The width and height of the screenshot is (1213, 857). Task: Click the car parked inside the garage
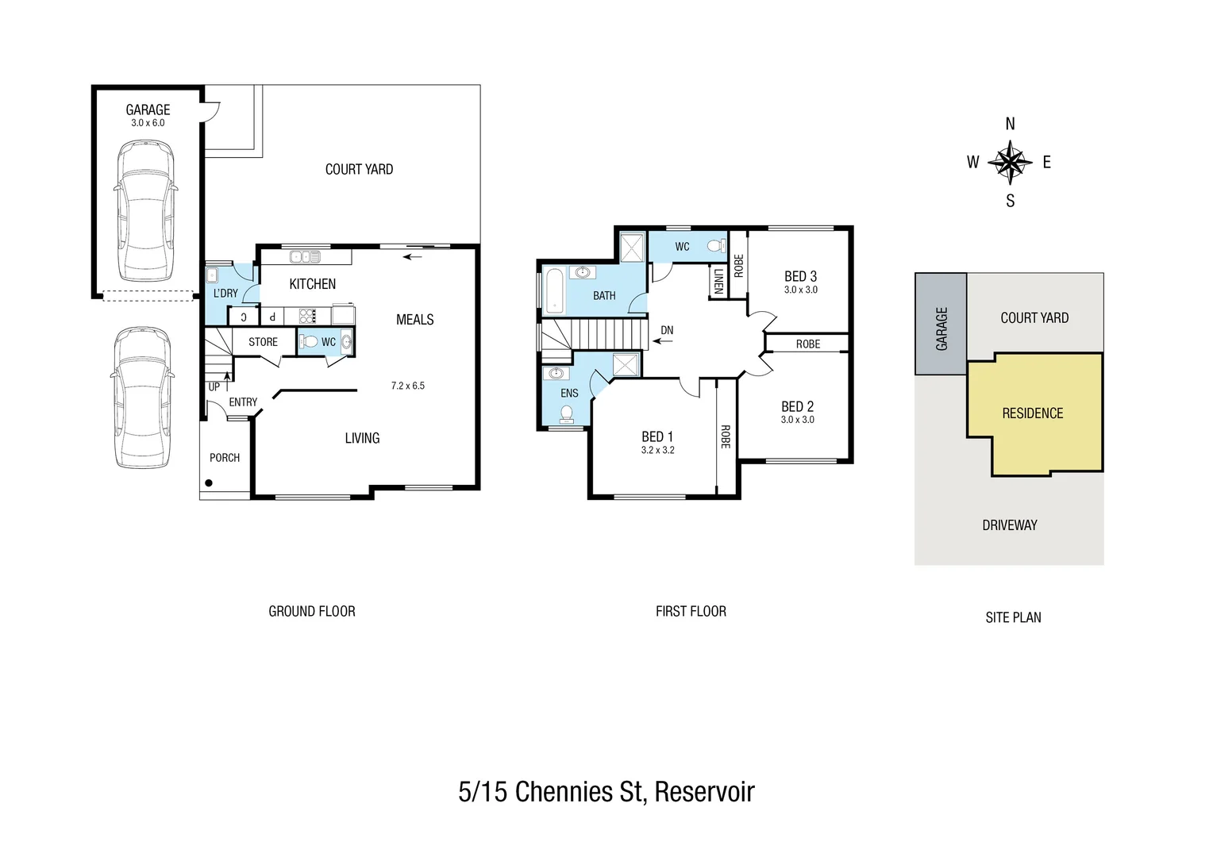point(145,211)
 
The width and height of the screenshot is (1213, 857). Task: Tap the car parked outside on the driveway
point(142,398)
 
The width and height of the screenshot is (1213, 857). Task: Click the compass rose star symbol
point(1010,162)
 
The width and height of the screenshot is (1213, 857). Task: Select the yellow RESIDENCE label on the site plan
point(1032,413)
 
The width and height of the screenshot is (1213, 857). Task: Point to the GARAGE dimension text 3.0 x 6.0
point(148,123)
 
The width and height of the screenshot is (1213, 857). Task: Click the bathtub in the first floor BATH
point(553,292)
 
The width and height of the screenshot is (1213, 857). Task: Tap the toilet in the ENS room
point(567,413)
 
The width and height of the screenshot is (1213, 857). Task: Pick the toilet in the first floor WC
point(717,246)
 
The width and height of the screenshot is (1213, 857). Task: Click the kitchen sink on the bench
point(305,256)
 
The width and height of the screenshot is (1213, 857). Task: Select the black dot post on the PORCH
point(209,482)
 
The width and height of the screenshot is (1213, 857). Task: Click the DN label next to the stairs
point(667,330)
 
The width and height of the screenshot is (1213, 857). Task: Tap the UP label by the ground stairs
point(214,387)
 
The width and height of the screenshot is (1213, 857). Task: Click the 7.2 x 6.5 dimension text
point(407,386)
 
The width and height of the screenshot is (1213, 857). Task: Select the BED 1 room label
point(657,436)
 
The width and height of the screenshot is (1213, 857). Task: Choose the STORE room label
point(263,342)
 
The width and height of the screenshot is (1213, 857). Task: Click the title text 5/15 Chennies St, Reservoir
point(606,791)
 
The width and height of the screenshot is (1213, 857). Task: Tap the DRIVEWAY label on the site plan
point(1009,525)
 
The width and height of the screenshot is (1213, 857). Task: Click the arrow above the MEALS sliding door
point(412,256)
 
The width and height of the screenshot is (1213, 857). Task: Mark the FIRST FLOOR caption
point(691,611)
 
